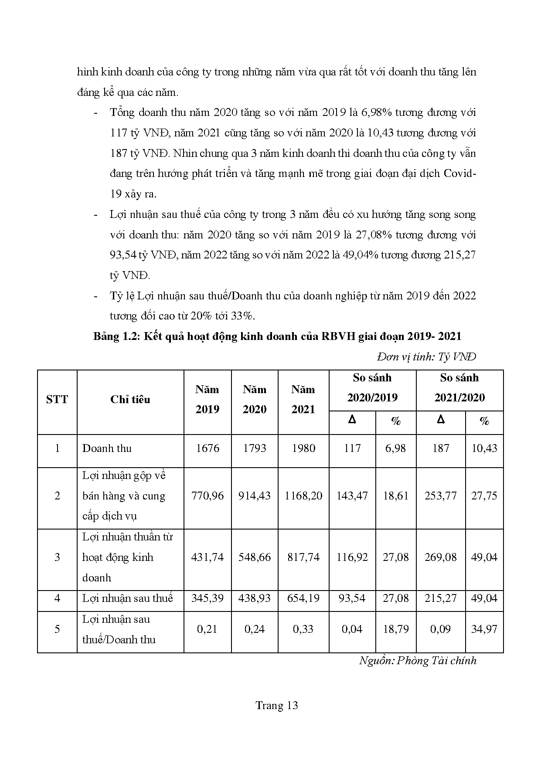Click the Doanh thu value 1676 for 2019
[208, 448]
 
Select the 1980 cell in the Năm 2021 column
[303, 448]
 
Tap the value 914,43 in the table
[255, 496]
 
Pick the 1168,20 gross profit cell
[303, 496]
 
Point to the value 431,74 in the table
[208, 557]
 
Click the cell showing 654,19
[303, 598]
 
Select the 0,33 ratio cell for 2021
[303, 629]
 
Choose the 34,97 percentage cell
[484, 629]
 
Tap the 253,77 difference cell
[441, 496]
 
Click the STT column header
[57, 400]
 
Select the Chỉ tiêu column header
[130, 400]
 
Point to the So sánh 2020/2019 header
[372, 388]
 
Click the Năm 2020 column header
[255, 399]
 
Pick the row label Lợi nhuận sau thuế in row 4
[128, 598]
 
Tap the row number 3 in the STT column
[57, 557]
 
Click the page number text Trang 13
[277, 706]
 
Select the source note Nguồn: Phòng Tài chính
[418, 661]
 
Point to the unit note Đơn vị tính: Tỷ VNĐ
[426, 357]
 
